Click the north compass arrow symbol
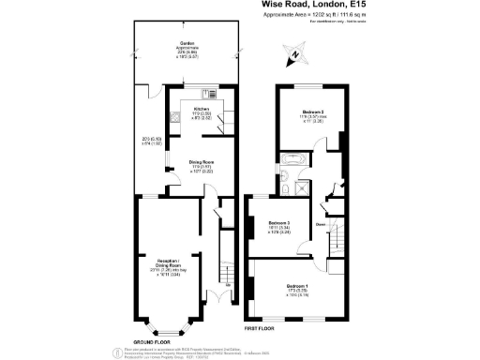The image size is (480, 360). click(x=293, y=55)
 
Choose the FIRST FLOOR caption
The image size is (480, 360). click(x=259, y=329)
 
